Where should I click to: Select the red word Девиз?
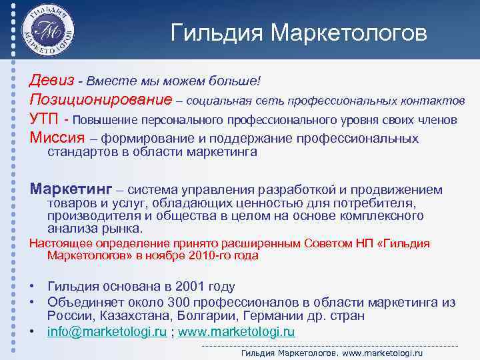51,80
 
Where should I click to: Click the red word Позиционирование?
100,99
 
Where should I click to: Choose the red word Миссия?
57,138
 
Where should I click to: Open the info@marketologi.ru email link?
107,331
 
